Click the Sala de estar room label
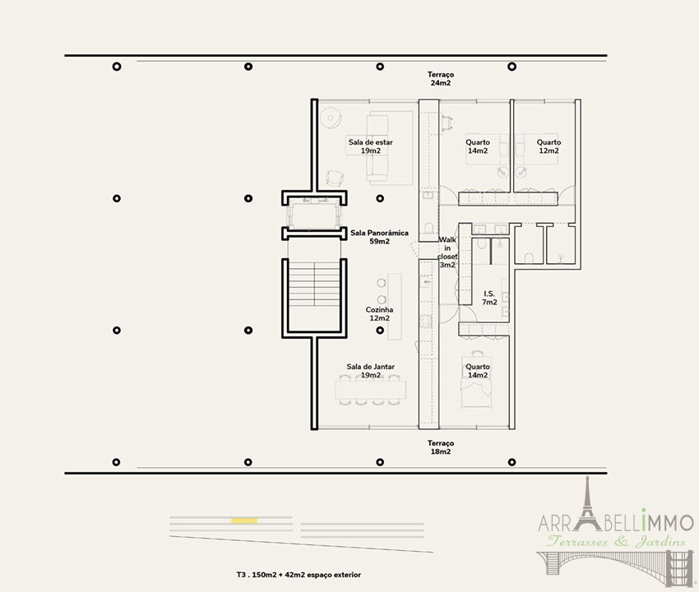tap(370, 146)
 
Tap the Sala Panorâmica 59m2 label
tap(379, 237)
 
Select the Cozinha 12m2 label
tap(379, 314)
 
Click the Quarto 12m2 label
tap(549, 146)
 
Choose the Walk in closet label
tap(447, 252)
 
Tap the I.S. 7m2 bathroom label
tap(489, 298)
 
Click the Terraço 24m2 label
tap(441, 79)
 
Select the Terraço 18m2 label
tap(441, 447)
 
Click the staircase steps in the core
tap(314, 284)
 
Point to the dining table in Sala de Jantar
tap(371, 390)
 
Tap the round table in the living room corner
tap(331, 118)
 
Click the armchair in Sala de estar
tap(335, 178)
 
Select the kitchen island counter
tap(395, 307)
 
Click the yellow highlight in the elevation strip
tap(244, 520)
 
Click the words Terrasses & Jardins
tap(617, 541)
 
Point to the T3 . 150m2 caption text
tap(299, 575)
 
